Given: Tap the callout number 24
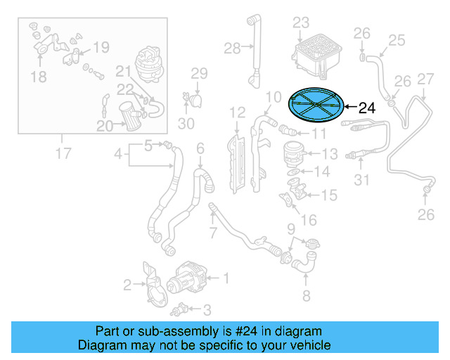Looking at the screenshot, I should [367, 108].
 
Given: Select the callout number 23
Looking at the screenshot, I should [301, 22].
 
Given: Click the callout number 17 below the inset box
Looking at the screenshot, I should [63, 152].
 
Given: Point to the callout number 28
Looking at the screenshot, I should [232, 48].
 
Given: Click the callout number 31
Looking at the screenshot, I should [361, 181].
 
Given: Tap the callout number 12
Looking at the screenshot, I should [237, 111].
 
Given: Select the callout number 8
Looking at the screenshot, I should [306, 295].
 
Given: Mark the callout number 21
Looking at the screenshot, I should [123, 71].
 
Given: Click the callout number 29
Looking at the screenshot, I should [199, 73].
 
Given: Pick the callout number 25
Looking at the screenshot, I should [397, 40].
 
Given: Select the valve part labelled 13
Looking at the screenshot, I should [291, 152].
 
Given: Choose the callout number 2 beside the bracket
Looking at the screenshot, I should [127, 285].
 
